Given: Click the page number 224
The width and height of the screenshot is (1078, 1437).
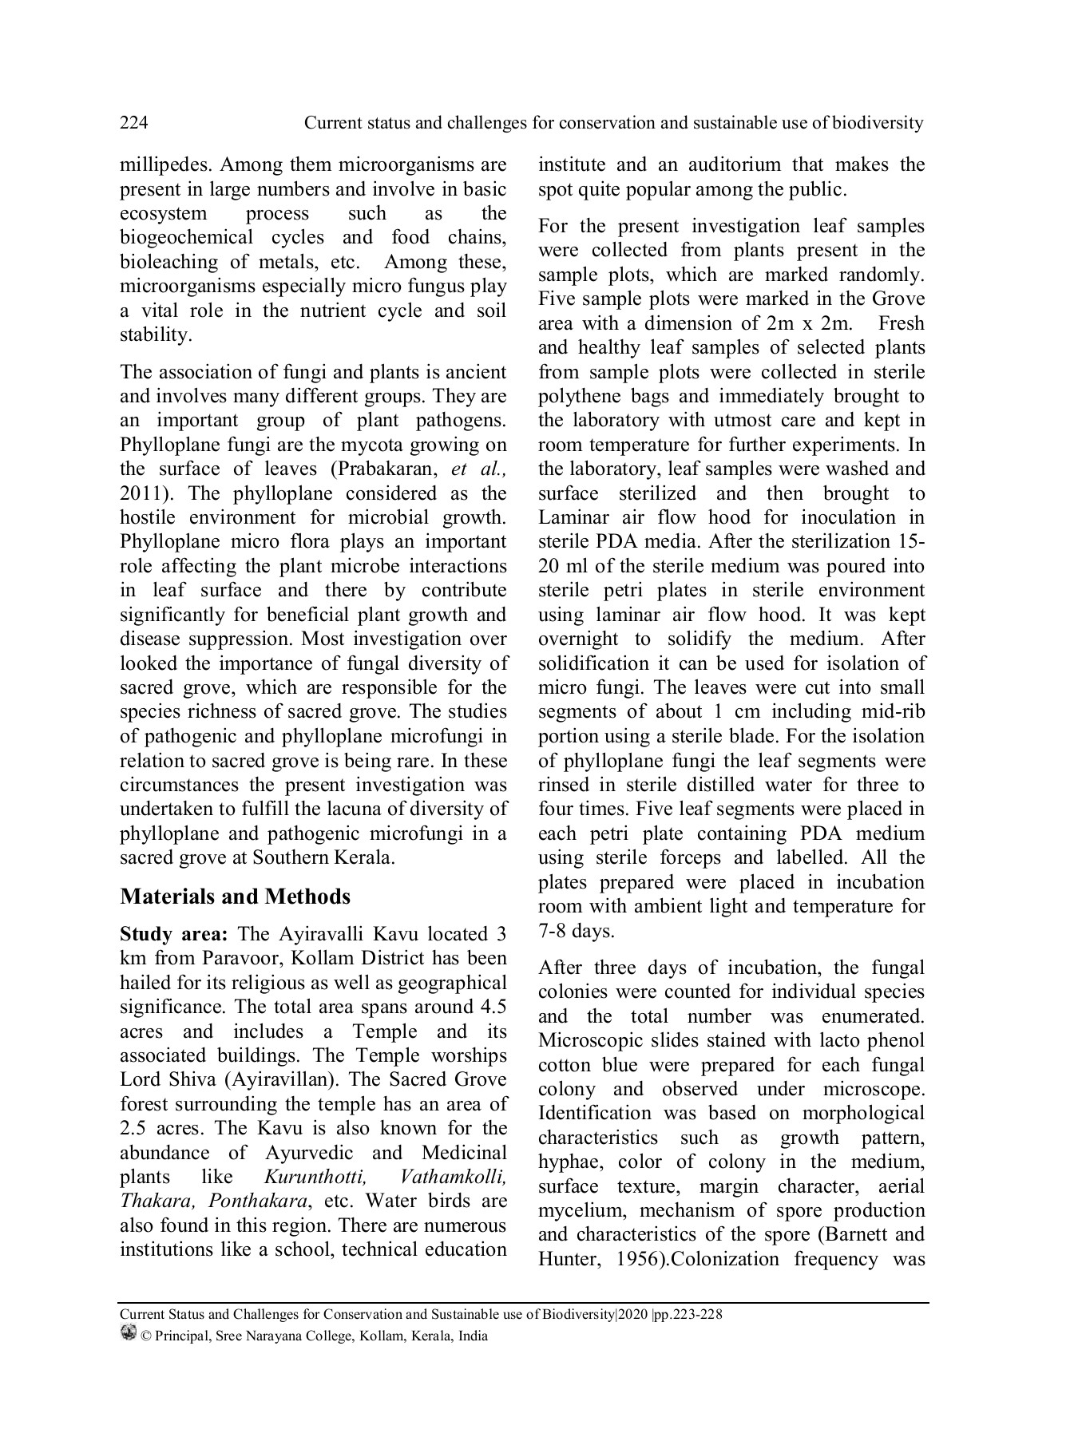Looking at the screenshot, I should click(x=133, y=123).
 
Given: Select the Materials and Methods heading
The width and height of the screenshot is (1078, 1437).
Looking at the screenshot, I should click(x=235, y=897).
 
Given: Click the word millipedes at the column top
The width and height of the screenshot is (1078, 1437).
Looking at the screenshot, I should click(x=164, y=165).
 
